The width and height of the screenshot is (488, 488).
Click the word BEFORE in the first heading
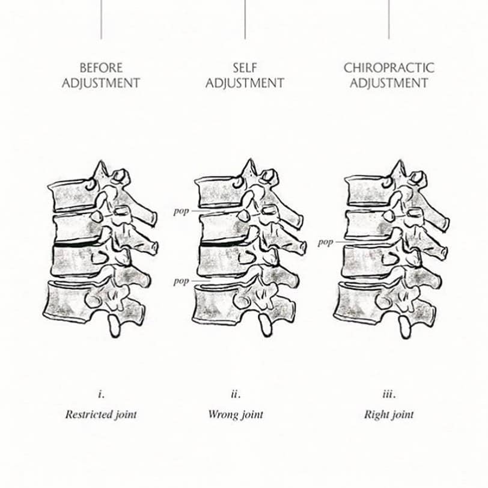tap(101, 68)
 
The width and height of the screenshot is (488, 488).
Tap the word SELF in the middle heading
tap(245, 68)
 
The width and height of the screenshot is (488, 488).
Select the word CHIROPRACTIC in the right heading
tap(388, 68)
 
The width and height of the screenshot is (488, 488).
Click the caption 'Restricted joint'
tap(101, 414)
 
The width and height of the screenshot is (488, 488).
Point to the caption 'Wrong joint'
tap(236, 414)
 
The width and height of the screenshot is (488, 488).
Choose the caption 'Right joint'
tap(389, 414)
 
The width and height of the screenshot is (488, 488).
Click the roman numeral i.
tap(101, 395)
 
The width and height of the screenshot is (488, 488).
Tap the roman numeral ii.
tap(236, 395)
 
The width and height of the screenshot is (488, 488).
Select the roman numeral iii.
tap(388, 395)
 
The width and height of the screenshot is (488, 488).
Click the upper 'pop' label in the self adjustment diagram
tap(181, 212)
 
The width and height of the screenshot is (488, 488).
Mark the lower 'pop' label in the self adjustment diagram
tap(181, 281)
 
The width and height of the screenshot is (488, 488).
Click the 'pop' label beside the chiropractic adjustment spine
tap(325, 243)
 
